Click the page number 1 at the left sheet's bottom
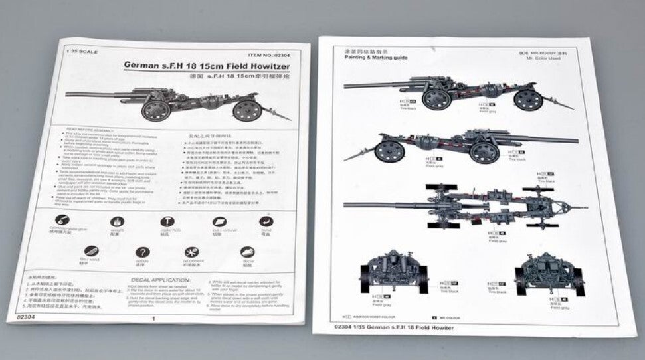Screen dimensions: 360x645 point(153,319)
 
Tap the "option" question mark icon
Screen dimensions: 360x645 point(142,254)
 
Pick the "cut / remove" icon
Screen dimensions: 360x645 point(219,223)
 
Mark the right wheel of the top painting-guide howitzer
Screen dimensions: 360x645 point(528,100)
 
